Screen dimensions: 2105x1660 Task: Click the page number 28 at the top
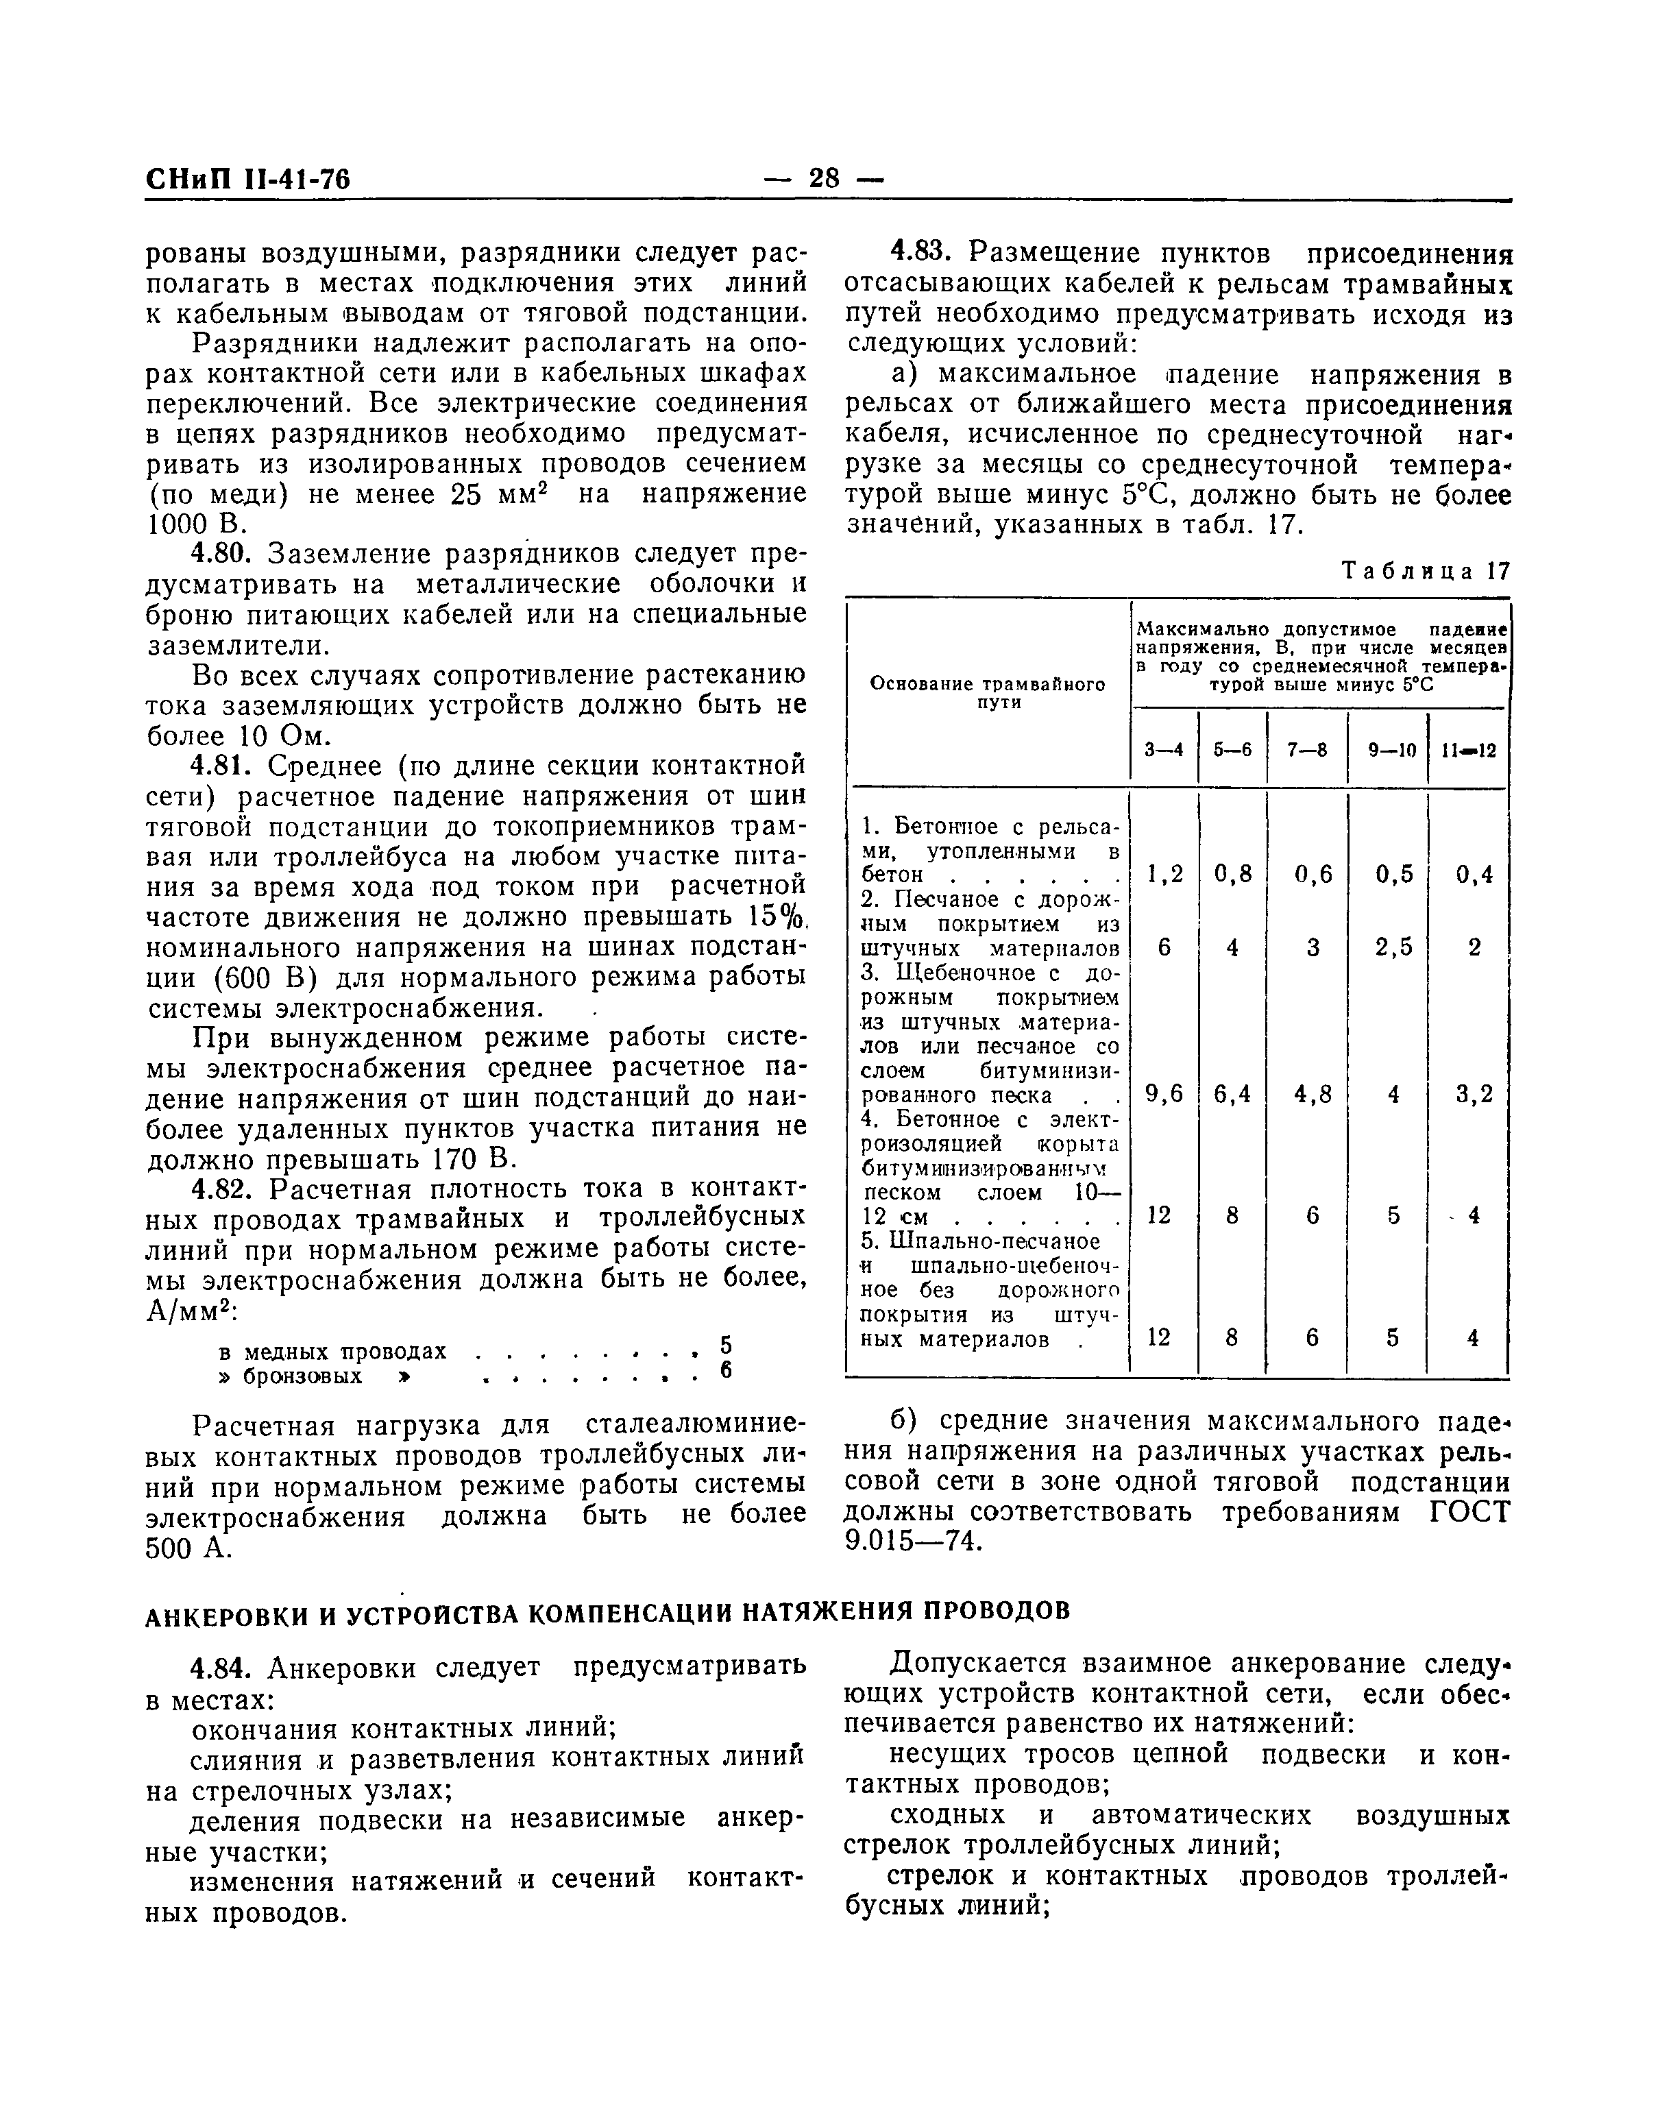point(823,179)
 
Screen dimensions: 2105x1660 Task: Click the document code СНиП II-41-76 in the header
point(248,180)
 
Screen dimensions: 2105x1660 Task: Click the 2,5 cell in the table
point(1393,947)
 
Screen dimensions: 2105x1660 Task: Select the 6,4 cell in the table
point(1232,1094)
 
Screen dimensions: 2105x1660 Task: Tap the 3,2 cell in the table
point(1474,1094)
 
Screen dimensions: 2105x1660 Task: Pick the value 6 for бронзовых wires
point(725,1370)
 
